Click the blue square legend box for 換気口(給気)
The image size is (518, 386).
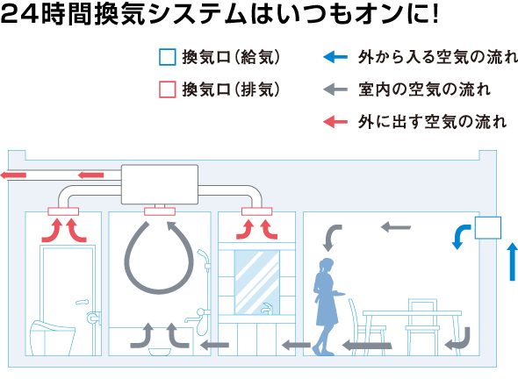167,57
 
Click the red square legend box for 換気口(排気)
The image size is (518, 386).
167,89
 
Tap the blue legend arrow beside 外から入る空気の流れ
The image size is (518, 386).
335,57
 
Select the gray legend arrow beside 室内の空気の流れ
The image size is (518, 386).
335,89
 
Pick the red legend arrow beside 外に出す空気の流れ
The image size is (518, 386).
335,122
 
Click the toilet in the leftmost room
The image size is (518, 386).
52,337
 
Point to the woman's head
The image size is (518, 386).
327,265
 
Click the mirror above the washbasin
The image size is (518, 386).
256,282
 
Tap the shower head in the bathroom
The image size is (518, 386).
203,255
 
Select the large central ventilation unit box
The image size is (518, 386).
160,184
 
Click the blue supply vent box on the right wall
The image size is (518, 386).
488,227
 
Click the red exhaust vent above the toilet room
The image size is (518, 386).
63,211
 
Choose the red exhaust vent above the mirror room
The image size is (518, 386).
256,211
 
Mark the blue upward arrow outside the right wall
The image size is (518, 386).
512,261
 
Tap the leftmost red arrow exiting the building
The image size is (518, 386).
13,175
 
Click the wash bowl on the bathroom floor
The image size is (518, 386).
160,352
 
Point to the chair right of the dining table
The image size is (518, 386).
422,327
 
